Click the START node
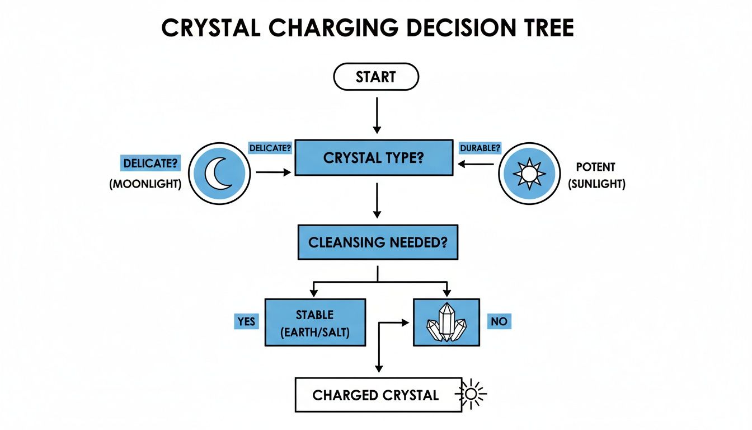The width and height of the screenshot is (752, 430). click(375, 77)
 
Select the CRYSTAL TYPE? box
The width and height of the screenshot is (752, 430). click(374, 158)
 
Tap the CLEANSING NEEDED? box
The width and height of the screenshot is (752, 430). click(378, 242)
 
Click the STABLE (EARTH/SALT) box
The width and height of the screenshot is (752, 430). click(315, 322)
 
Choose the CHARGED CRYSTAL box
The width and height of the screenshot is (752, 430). click(378, 395)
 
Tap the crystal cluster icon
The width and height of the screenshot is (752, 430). click(446, 322)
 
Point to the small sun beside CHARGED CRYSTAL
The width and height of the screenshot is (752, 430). click(472, 394)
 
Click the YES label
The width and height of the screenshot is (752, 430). click(246, 321)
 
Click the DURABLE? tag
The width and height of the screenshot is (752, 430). click(480, 148)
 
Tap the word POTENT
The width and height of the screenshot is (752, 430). click(595, 167)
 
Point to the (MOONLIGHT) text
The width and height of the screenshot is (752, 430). click(145, 184)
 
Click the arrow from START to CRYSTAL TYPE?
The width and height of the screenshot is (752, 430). click(377, 115)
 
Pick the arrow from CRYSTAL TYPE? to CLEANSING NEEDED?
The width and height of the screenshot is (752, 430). click(377, 200)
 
